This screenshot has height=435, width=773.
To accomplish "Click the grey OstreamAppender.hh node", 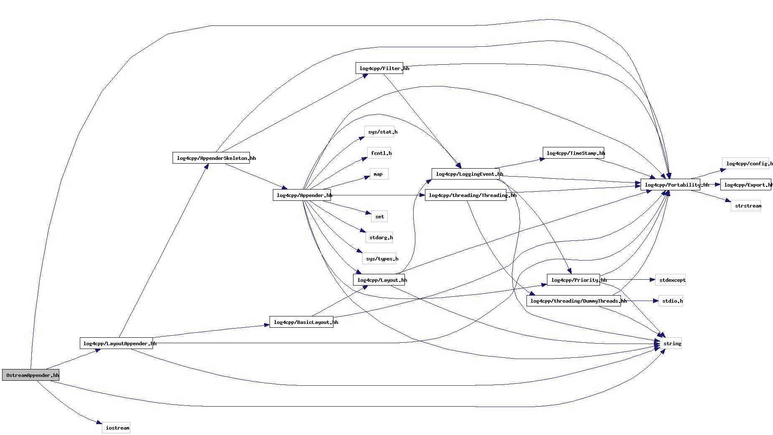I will point(31,375).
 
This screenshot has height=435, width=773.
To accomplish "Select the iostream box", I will point(116,427).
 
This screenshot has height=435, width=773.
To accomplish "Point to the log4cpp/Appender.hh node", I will point(302,195).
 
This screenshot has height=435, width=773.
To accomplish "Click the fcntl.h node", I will point(379,153).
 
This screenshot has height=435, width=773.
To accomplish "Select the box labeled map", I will point(379,174).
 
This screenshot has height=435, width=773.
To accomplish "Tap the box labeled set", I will point(379,216).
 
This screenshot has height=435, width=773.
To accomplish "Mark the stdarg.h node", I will point(379,237).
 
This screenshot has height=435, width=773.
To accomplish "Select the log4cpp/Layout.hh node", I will point(379,280).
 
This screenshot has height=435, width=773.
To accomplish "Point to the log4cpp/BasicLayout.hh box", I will point(301,322).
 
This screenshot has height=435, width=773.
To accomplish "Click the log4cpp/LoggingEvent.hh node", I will point(465,174).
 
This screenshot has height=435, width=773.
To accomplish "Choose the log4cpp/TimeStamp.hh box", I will point(573,153).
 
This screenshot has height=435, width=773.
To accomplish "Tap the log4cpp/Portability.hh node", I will point(670,185).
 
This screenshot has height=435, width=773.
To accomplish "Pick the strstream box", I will point(746,205).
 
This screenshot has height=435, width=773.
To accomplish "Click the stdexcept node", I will point(670,280).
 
